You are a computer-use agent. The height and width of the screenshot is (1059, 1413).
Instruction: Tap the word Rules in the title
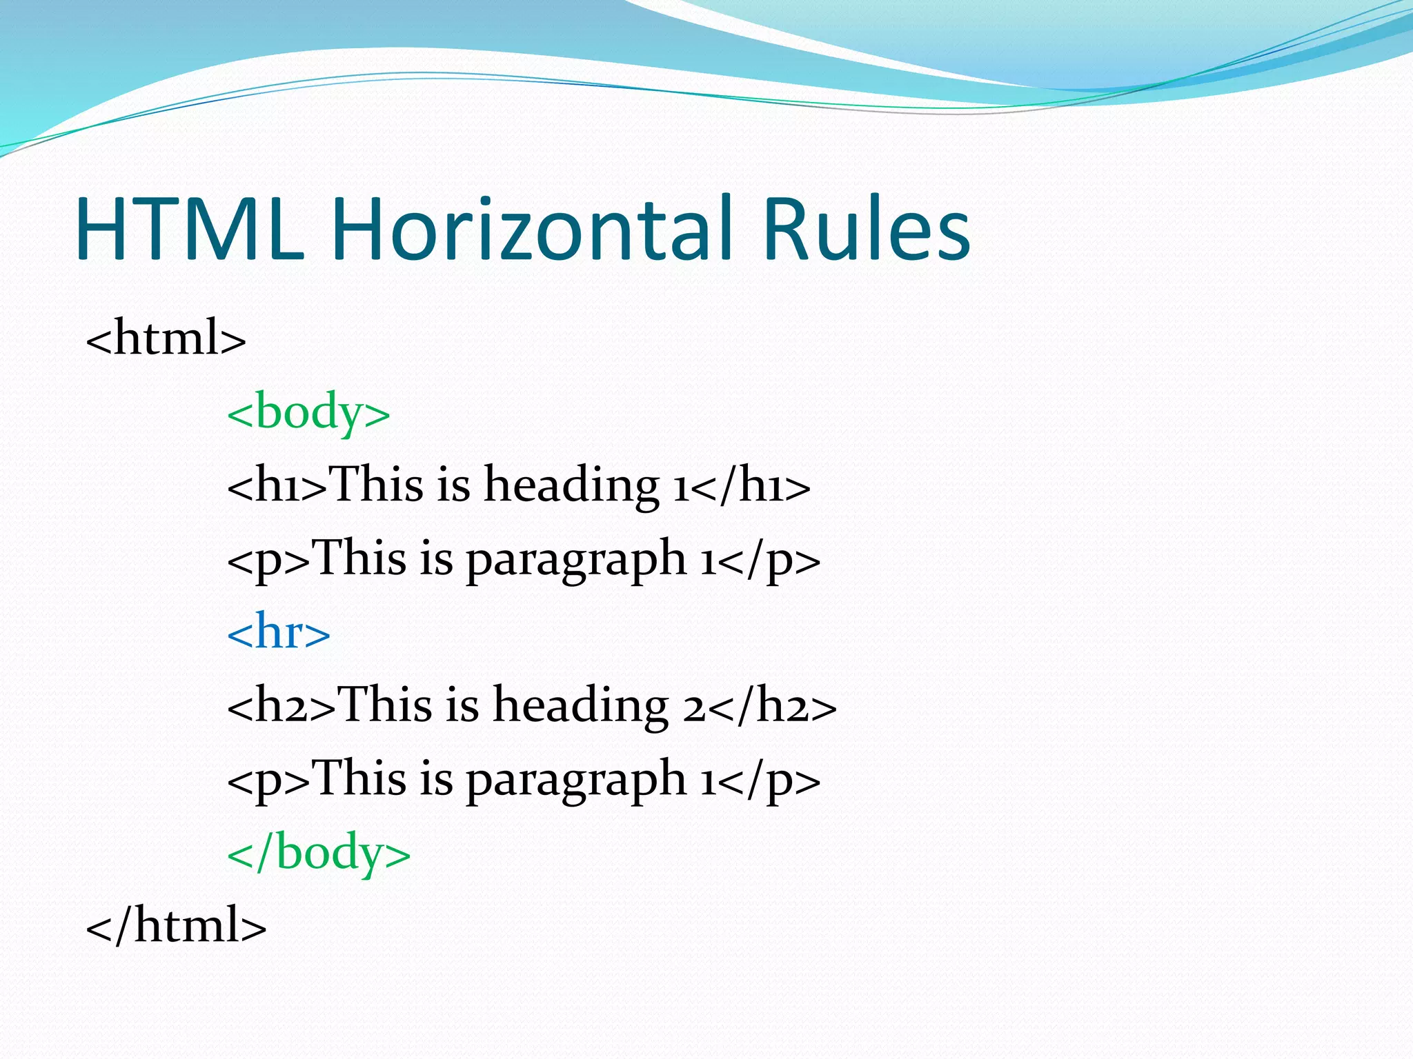tap(867, 229)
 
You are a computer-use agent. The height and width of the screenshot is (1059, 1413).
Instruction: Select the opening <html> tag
tap(166, 338)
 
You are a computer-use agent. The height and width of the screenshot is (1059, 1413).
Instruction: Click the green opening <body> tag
tap(308, 412)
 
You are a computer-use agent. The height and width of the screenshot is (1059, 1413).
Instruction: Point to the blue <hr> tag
tap(278, 632)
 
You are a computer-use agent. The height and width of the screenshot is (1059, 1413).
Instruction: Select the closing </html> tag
tap(176, 925)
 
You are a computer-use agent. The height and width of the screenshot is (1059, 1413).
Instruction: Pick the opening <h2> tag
tap(281, 706)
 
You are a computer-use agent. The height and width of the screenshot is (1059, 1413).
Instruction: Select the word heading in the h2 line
tap(580, 706)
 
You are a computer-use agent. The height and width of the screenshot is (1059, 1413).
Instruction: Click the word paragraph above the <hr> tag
tap(576, 560)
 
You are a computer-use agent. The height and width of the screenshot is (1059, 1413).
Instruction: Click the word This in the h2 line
tap(386, 705)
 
